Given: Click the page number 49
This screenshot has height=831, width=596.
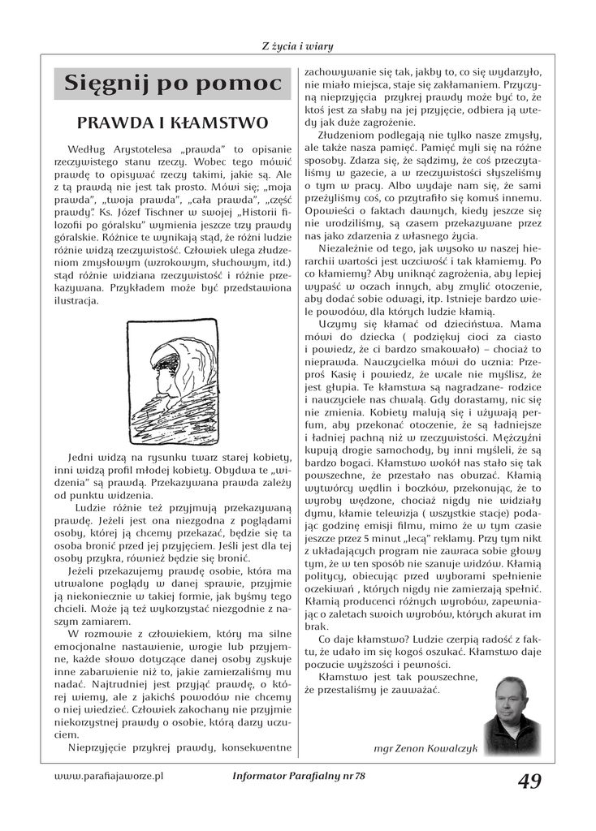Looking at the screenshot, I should click(529, 781).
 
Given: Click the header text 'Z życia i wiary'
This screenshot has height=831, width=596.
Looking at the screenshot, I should click(297, 46).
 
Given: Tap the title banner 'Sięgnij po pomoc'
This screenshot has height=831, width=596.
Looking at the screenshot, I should click(172, 84).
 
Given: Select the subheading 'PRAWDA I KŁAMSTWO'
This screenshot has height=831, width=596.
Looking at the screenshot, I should click(172, 123).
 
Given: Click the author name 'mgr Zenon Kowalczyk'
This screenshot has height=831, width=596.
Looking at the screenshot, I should click(425, 749).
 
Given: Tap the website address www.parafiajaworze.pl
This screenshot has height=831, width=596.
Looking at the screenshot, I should click(108, 776).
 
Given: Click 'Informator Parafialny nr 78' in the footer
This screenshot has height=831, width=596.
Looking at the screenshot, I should click(299, 777).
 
